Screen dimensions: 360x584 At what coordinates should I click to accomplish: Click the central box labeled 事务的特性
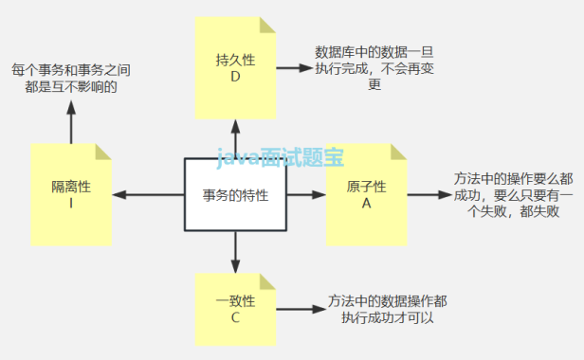pos(234,195)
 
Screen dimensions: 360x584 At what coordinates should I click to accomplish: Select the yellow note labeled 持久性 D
pos(236,67)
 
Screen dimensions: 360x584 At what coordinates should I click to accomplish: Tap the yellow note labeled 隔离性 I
pos(71,195)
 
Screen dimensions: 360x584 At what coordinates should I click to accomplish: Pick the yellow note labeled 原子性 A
pos(366,194)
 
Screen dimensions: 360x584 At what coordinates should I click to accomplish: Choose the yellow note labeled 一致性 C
pos(236,309)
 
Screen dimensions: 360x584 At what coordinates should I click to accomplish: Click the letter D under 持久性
pos(236,77)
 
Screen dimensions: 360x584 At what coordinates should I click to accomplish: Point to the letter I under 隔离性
pos(71,203)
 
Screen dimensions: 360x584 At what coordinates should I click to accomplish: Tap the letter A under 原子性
pos(366,203)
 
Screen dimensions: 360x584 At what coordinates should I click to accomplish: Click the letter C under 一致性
pos(236,317)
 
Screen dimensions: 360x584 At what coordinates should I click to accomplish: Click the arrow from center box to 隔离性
pos(151,195)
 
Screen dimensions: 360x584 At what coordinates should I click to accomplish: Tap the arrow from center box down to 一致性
pos(234,254)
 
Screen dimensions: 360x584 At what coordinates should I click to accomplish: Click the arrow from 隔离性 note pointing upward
pos(71,121)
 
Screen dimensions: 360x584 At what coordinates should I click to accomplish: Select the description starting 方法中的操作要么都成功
pos(513,194)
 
